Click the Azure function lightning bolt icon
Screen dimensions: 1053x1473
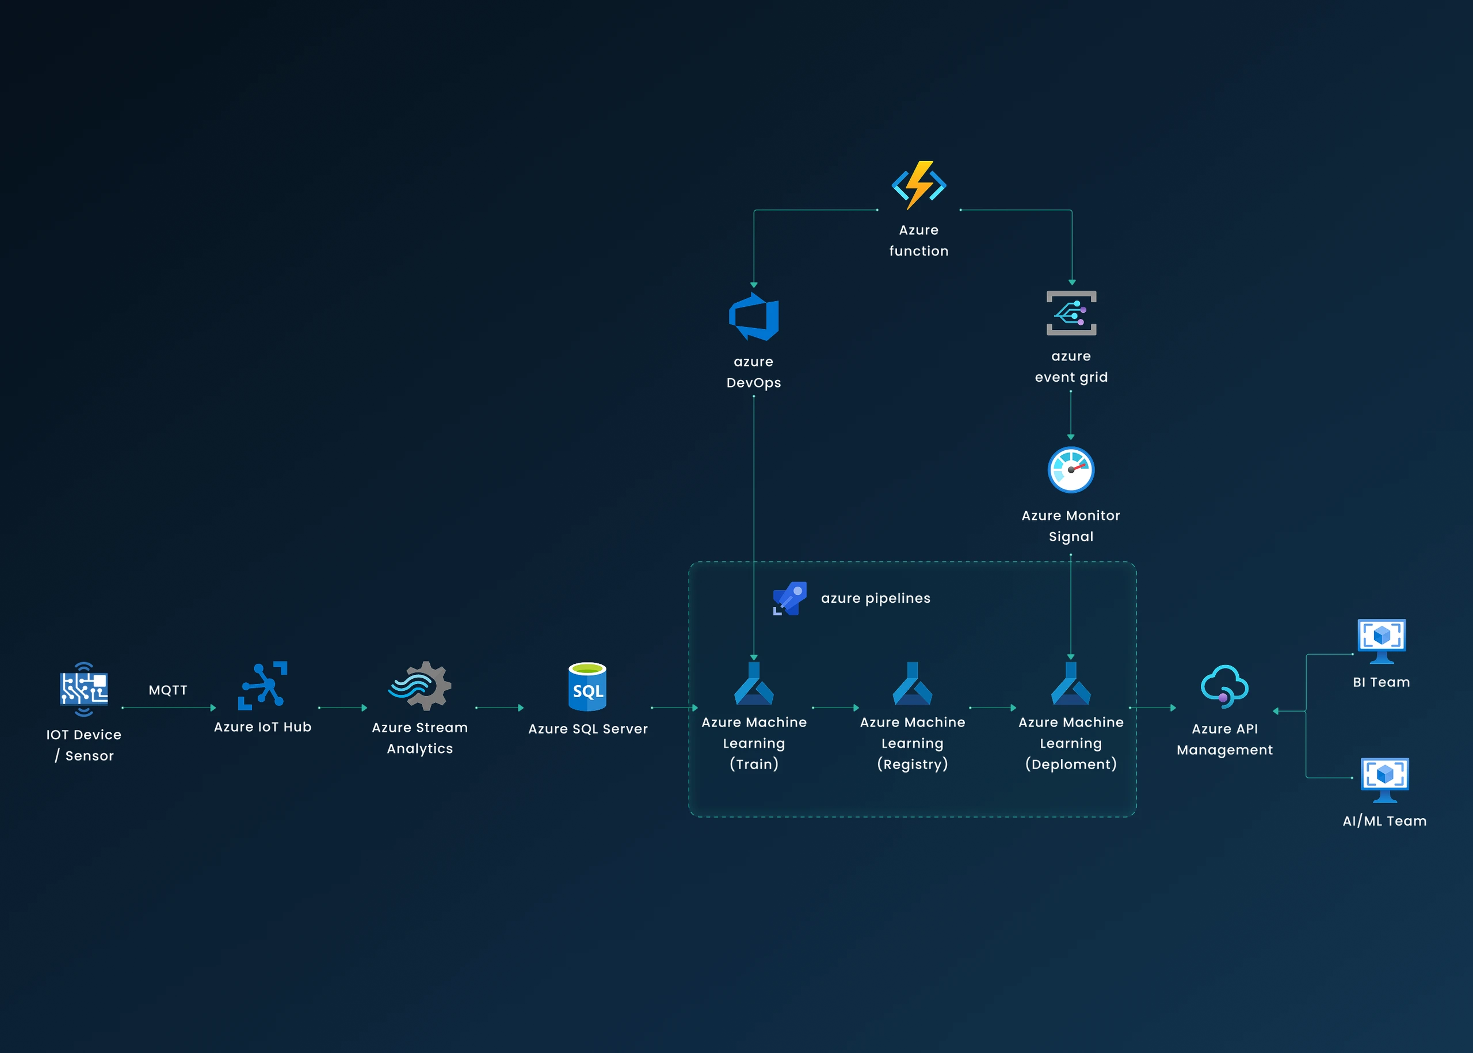918,185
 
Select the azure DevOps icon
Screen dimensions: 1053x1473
754,317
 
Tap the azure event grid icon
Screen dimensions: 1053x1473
1071,313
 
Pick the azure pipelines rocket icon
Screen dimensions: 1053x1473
790,598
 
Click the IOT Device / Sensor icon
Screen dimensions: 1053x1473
84,689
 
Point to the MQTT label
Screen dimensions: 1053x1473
168,690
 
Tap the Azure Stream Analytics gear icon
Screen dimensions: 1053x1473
420,686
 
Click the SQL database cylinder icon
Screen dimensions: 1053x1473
587,687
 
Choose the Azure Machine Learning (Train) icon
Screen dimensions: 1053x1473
754,684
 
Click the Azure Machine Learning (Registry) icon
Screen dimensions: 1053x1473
912,684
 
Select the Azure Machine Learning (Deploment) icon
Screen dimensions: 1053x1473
1071,684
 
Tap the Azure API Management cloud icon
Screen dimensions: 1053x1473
1224,687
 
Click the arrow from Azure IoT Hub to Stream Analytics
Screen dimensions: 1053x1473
343,708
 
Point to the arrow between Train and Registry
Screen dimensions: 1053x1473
835,708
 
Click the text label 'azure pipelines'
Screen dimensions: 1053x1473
875,598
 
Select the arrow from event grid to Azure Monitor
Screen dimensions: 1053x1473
1071,415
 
